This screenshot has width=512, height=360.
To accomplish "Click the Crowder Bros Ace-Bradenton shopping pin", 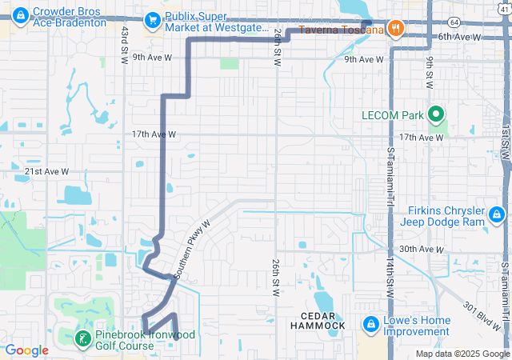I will (x=19, y=14).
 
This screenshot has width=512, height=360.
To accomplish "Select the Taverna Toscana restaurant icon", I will (x=394, y=30).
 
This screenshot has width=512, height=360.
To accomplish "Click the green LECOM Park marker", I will (x=437, y=115).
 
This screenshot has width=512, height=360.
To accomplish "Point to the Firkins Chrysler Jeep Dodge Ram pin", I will (x=497, y=214).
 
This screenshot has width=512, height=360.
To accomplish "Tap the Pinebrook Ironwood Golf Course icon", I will (x=82, y=339).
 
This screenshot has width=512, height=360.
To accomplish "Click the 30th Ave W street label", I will (x=422, y=250).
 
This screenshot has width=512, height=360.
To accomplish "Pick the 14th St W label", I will (x=390, y=272).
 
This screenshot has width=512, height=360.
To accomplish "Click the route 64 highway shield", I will (x=454, y=22).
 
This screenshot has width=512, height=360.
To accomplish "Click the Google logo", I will (x=27, y=350).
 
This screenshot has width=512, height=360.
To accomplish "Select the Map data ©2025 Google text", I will (x=461, y=354).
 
